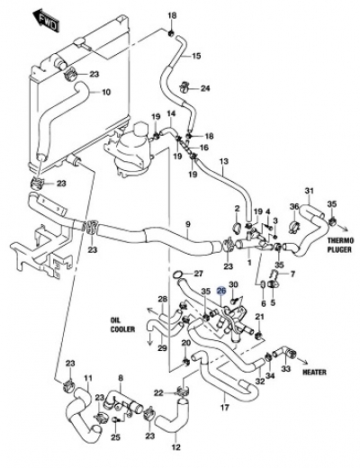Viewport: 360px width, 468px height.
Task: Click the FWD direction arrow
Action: pos(45,21)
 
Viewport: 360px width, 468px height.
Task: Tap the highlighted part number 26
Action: pos(221,291)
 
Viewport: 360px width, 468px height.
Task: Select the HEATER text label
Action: pos(314,372)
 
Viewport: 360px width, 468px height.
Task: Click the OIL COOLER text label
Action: pos(122,325)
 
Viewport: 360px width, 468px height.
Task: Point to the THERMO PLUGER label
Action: pos(339,245)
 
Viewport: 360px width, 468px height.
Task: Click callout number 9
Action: pos(188,224)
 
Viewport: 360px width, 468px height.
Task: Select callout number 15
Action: pos(196,56)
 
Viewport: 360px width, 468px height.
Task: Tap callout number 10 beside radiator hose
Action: pos(106,92)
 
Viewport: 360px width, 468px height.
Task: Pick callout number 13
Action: pos(224,161)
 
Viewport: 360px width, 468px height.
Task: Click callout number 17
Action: pos(225,407)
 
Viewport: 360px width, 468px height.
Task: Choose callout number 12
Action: pos(176,447)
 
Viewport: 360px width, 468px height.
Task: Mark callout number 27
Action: pos(198,274)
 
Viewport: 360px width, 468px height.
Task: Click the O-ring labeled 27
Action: pos(177,274)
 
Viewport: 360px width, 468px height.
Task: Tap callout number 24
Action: pos(205,88)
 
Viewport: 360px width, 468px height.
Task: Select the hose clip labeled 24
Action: pos(184,85)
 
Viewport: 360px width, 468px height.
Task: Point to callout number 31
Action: pos(309,190)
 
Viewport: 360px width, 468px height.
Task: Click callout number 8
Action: pos(121,378)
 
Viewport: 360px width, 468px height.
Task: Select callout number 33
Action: pos(286,368)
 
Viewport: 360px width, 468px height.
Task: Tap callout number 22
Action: pos(159,392)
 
